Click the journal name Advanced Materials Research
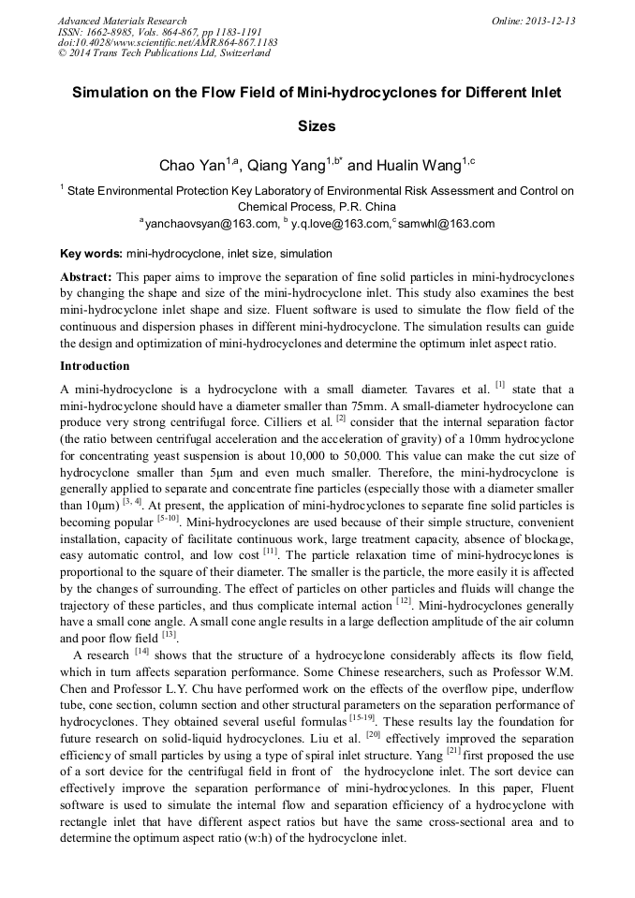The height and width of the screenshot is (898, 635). pos(122,21)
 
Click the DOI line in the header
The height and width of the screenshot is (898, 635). pos(167,42)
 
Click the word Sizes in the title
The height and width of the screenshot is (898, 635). pos(317,125)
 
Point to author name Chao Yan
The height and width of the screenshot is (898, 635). pos(190,166)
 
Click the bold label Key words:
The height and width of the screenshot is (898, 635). pos(91,253)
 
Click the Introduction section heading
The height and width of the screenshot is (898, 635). pos(95,365)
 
